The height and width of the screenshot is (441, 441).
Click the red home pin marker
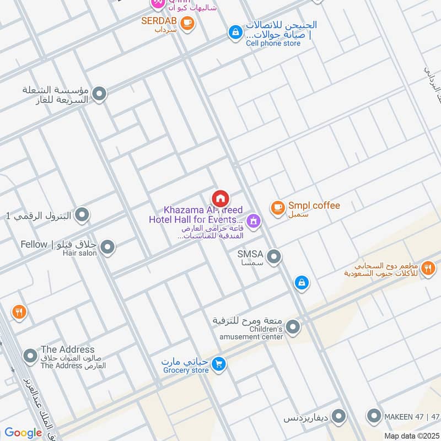(x=220, y=198)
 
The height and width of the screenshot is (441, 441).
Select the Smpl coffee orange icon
(x=277, y=208)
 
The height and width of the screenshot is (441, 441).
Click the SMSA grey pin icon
(x=273, y=256)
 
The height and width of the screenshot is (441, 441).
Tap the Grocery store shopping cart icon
(x=219, y=364)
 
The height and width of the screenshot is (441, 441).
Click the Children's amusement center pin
(x=293, y=328)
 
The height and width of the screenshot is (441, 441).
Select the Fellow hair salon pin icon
(x=107, y=248)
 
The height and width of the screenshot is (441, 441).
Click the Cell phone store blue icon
(x=235, y=33)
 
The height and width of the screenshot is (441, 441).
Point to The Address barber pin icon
(x=30, y=356)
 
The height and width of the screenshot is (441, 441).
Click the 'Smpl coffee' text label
(x=314, y=206)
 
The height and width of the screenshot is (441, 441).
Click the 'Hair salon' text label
(x=79, y=254)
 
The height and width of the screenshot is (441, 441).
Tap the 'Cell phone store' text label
(x=273, y=44)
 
